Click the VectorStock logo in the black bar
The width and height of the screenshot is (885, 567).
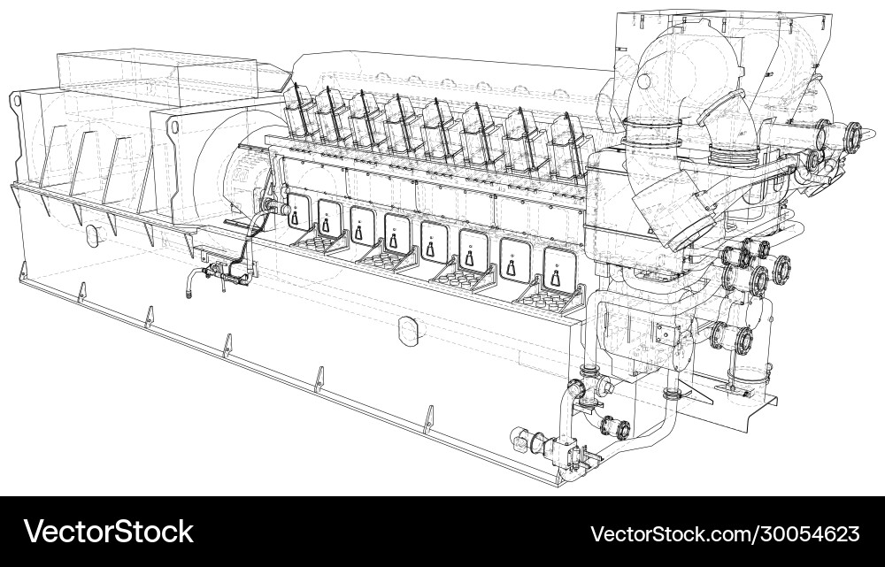(109, 532)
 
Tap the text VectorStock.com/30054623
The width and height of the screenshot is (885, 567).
(724, 533)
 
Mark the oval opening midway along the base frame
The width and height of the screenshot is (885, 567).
(408, 329)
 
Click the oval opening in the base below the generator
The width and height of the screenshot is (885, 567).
(91, 235)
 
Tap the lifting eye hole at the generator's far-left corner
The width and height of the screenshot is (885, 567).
(16, 103)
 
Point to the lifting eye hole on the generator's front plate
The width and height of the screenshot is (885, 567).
(173, 128)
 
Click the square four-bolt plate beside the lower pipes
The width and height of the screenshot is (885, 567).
(666, 333)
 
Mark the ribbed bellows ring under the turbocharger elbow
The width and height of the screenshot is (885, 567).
(732, 155)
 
